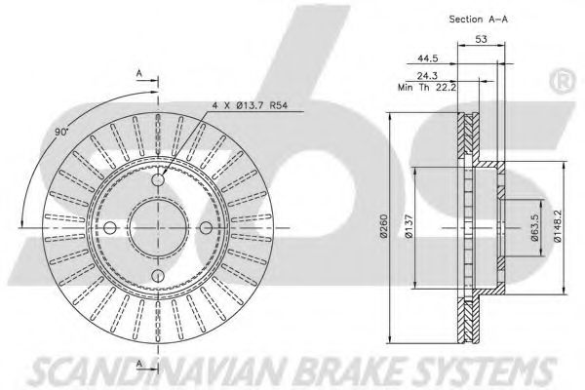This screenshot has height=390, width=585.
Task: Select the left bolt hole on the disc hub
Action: pos(109,228)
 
